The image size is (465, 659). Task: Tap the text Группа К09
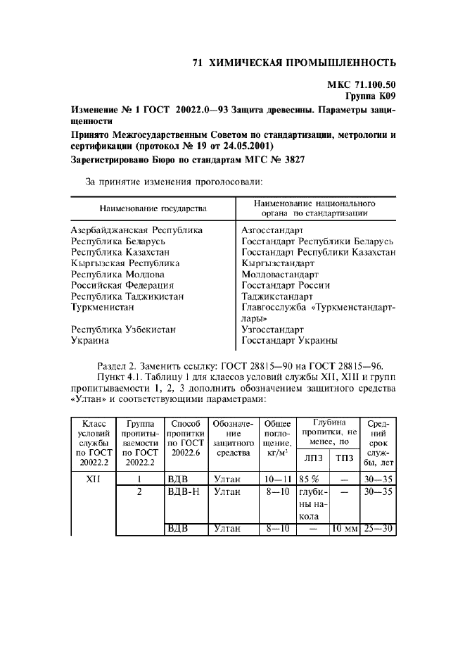371,96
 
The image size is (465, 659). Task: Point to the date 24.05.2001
247,145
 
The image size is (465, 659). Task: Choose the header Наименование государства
153,209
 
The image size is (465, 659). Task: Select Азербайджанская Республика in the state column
137,230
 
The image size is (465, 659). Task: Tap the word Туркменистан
103,307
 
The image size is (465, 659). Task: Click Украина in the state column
90,340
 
